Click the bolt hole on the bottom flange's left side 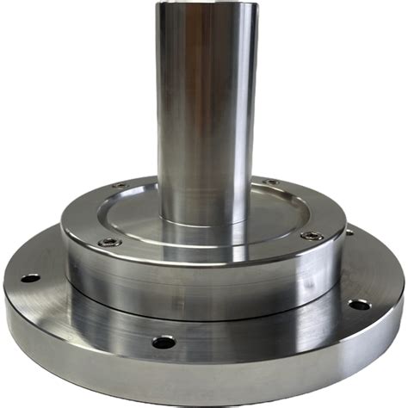pos(30,278)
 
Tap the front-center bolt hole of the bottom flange pos(164,342)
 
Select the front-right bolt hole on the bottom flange pos(359,305)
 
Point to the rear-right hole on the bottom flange pos(349,232)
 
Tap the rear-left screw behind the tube pos(120,185)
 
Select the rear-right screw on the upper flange pos(270,182)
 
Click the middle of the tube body pos(205,112)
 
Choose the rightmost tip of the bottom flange pos(404,288)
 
